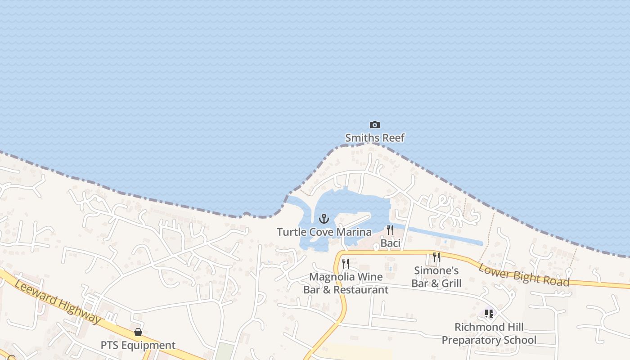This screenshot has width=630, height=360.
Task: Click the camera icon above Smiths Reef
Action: (374, 125)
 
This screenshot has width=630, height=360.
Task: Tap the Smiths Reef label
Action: (374, 138)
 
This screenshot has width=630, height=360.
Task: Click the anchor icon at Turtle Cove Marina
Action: (324, 219)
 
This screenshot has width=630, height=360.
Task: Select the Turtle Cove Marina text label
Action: (324, 232)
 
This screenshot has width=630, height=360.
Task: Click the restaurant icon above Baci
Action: (390, 230)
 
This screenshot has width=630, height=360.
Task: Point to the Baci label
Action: (390, 243)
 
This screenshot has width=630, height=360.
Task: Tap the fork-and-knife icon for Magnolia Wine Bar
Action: (346, 264)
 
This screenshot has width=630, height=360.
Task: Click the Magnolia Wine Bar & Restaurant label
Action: (346, 283)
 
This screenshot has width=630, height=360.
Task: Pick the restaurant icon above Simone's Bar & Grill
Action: (436, 257)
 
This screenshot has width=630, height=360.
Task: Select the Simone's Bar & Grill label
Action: (436, 277)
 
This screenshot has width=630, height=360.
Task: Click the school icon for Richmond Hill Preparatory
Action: (489, 314)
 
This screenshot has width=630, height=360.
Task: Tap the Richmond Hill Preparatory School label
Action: (489, 333)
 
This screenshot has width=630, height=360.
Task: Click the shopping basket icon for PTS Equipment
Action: (138, 333)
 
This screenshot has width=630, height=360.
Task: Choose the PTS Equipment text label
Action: (138, 346)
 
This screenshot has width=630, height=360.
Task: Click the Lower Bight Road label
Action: (524, 274)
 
